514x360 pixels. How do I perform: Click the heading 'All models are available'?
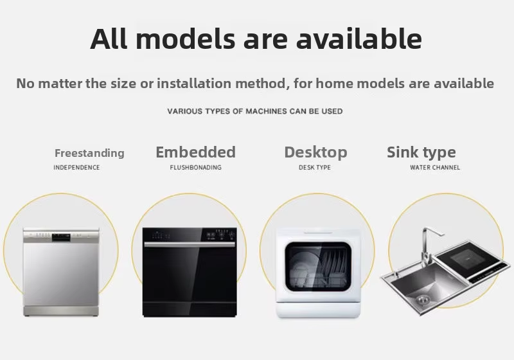point(256,39)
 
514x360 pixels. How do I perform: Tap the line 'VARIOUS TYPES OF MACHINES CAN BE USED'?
point(255,111)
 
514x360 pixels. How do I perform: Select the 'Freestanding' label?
point(89,153)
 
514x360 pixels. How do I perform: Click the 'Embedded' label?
point(196,152)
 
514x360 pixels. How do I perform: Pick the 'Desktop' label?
point(315,152)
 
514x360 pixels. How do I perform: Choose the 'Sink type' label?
point(421,152)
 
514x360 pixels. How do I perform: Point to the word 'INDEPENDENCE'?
point(76,168)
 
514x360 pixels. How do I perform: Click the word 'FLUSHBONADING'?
point(196,168)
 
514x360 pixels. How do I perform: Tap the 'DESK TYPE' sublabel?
point(315,168)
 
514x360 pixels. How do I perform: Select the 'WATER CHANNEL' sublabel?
point(435,168)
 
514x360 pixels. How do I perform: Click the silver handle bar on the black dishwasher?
point(190,244)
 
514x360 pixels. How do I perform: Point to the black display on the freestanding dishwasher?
point(61,237)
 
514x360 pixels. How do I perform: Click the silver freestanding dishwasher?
point(61,272)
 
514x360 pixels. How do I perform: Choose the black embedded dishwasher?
point(190,272)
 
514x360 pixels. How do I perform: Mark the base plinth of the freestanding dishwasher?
point(61,312)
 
